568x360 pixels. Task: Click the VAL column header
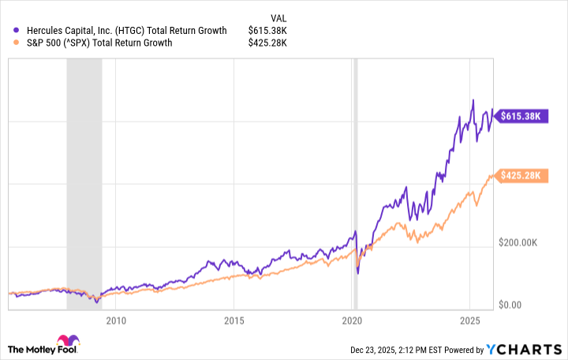click(x=278, y=16)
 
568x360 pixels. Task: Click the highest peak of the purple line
click(x=473, y=99)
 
